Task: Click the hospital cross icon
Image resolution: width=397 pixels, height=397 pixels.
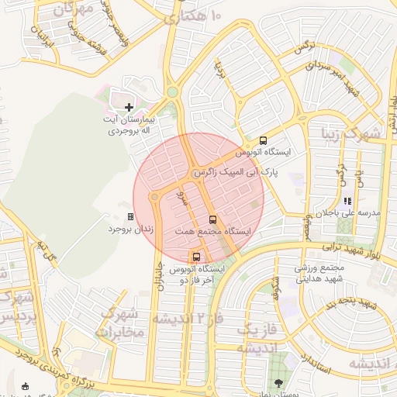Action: pos(129,106)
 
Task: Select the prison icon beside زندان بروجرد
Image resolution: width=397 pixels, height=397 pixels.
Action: pos(130,217)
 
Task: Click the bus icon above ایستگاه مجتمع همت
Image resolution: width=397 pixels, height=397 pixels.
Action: pos(213,219)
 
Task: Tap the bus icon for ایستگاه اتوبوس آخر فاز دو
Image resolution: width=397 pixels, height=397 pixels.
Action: pos(195,257)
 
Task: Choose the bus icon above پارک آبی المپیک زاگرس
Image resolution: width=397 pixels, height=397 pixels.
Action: pos(263,141)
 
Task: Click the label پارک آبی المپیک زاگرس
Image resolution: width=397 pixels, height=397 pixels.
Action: pos(241,170)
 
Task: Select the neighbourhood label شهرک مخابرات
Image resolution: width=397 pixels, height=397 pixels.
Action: pos(120,323)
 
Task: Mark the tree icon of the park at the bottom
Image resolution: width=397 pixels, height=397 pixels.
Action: pos(278,383)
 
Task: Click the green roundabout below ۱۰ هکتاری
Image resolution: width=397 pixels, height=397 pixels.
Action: pos(172,92)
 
